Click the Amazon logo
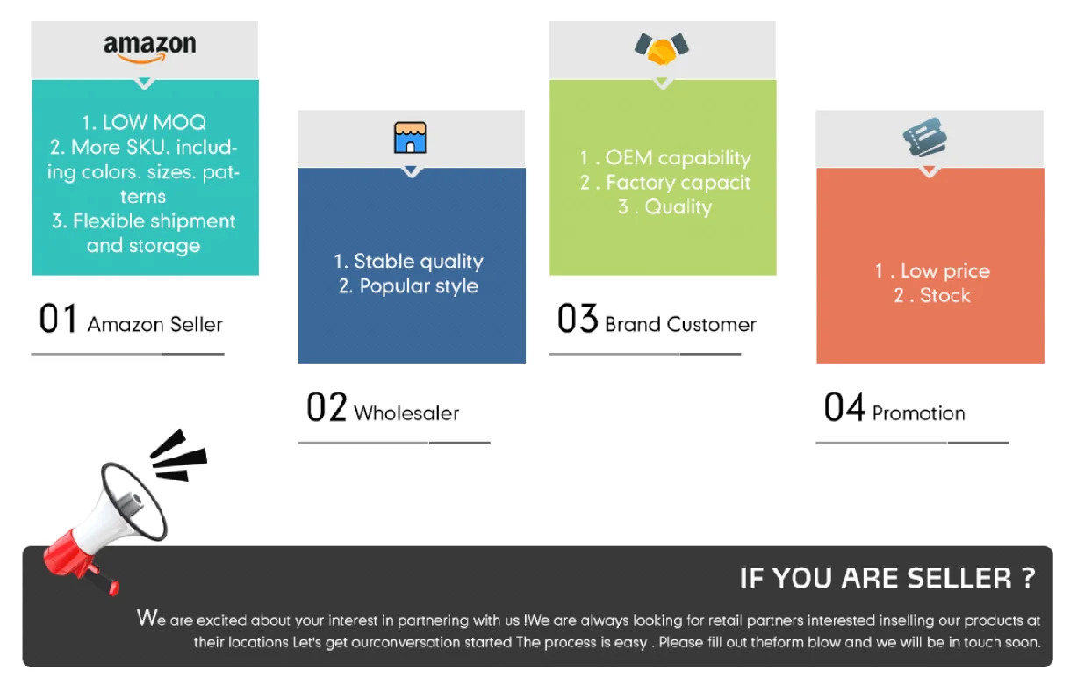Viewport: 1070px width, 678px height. coord(149,48)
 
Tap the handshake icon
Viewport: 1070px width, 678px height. coord(662,48)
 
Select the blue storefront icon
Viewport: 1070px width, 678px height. coord(410,138)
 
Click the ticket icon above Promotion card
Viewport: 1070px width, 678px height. coord(925,137)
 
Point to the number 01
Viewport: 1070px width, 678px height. coord(58,318)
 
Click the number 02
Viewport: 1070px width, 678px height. coord(327,407)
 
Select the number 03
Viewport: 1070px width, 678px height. coord(577,318)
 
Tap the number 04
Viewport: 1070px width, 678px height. coord(844,407)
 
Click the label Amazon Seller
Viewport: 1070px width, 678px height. coord(154,324)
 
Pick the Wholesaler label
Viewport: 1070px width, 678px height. coord(406,413)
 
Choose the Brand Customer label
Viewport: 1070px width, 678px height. coord(680,324)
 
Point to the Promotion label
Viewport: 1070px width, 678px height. coord(918,413)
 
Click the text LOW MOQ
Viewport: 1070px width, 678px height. coord(154,123)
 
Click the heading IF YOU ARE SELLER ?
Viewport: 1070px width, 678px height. coord(887,578)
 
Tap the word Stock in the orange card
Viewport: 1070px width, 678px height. coord(944,296)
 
